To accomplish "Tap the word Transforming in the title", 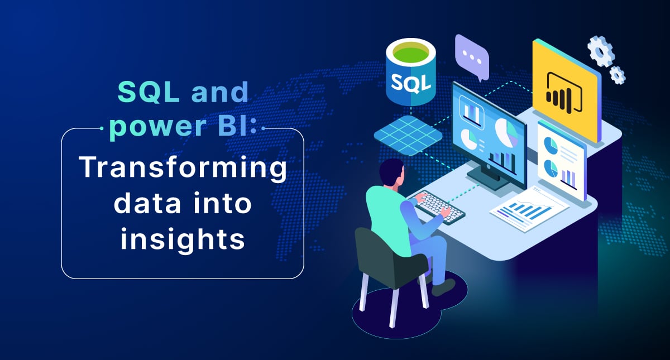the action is click(x=183, y=167).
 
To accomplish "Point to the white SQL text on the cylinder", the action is click(x=411, y=81).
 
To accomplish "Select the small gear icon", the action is click(x=617, y=75).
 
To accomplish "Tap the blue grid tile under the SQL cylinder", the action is click(x=408, y=136).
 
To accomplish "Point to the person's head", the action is click(x=392, y=174).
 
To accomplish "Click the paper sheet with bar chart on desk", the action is click(x=529, y=209).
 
